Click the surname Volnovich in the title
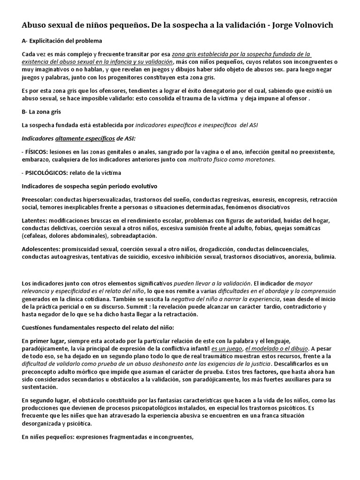[314, 25]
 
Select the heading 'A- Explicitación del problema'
[62, 41]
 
